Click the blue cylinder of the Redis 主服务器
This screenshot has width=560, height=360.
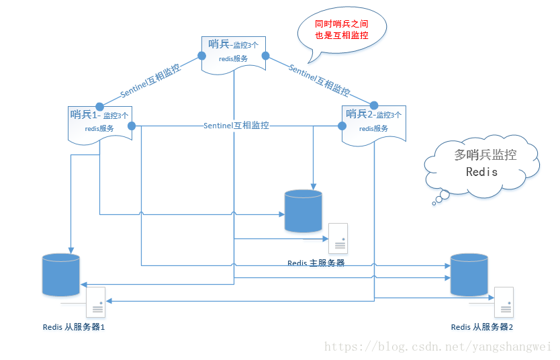pyautogui.click(x=303, y=211)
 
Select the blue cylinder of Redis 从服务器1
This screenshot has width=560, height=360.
pyautogui.click(x=61, y=275)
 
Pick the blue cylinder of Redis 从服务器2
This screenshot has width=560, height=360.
pyautogui.click(x=469, y=275)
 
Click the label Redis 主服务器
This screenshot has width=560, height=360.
pyautogui.click(x=316, y=263)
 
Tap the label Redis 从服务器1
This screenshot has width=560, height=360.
pyautogui.click(x=73, y=327)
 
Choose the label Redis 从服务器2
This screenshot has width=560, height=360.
pyautogui.click(x=481, y=327)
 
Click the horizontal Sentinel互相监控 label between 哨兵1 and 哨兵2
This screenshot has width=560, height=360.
pyautogui.click(x=236, y=126)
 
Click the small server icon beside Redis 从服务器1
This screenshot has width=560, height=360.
pyautogui.click(x=96, y=302)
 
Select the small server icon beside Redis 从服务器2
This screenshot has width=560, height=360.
pyautogui.click(x=504, y=302)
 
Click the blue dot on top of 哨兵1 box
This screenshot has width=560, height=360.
pyautogui.click(x=99, y=105)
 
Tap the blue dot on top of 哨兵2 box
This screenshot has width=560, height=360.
pyautogui.click(x=373, y=105)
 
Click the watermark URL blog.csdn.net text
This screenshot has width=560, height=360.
pyautogui.click(x=436, y=347)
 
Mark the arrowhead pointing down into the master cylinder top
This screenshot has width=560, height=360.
pyautogui.click(x=313, y=187)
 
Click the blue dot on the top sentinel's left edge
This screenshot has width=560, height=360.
pyautogui.click(x=203, y=58)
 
